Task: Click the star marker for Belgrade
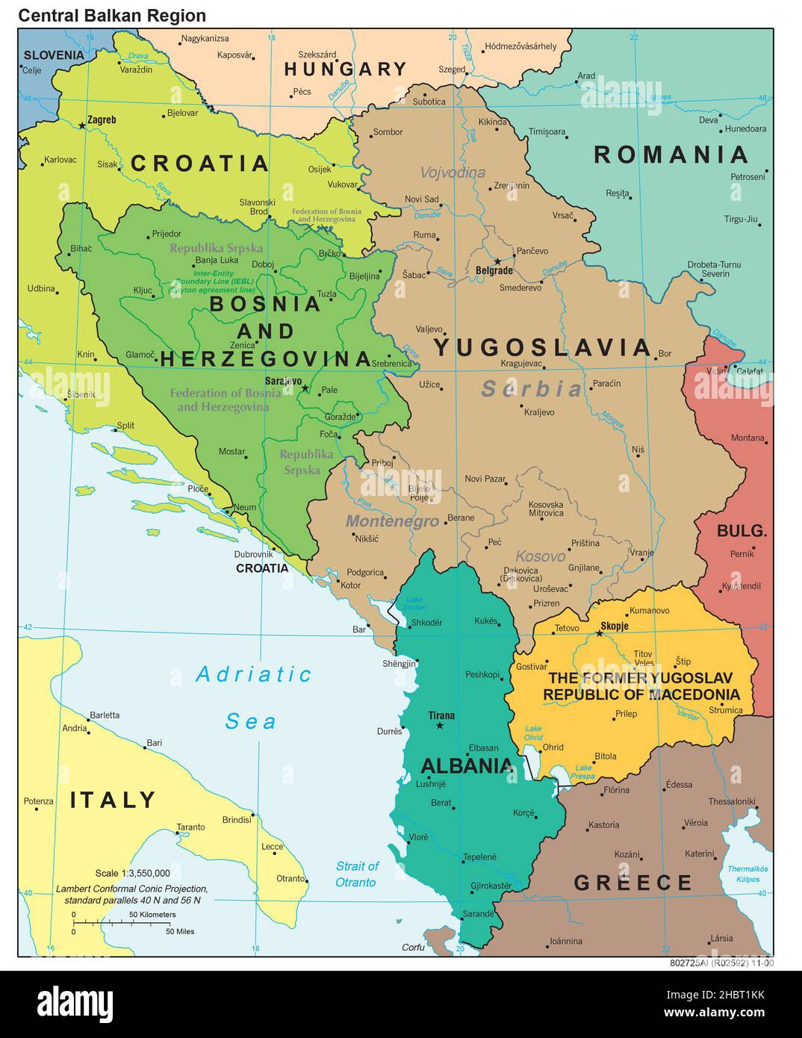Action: (x=497, y=261)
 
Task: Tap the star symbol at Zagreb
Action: (x=82, y=125)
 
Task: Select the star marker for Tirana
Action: (x=440, y=726)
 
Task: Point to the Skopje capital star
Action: (x=599, y=633)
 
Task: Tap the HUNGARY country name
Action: (x=345, y=69)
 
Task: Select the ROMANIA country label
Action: (x=671, y=155)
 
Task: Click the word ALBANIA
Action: (x=467, y=765)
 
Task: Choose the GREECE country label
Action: (x=633, y=883)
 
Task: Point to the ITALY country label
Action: (x=113, y=800)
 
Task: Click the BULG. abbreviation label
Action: (x=742, y=531)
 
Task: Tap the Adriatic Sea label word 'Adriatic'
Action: (x=253, y=674)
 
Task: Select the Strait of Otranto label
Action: (x=356, y=874)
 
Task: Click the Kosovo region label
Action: (x=540, y=556)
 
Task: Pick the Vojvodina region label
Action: (x=452, y=173)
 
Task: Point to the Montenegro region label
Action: (x=391, y=521)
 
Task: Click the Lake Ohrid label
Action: (x=533, y=733)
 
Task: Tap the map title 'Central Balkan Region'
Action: (x=112, y=15)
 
